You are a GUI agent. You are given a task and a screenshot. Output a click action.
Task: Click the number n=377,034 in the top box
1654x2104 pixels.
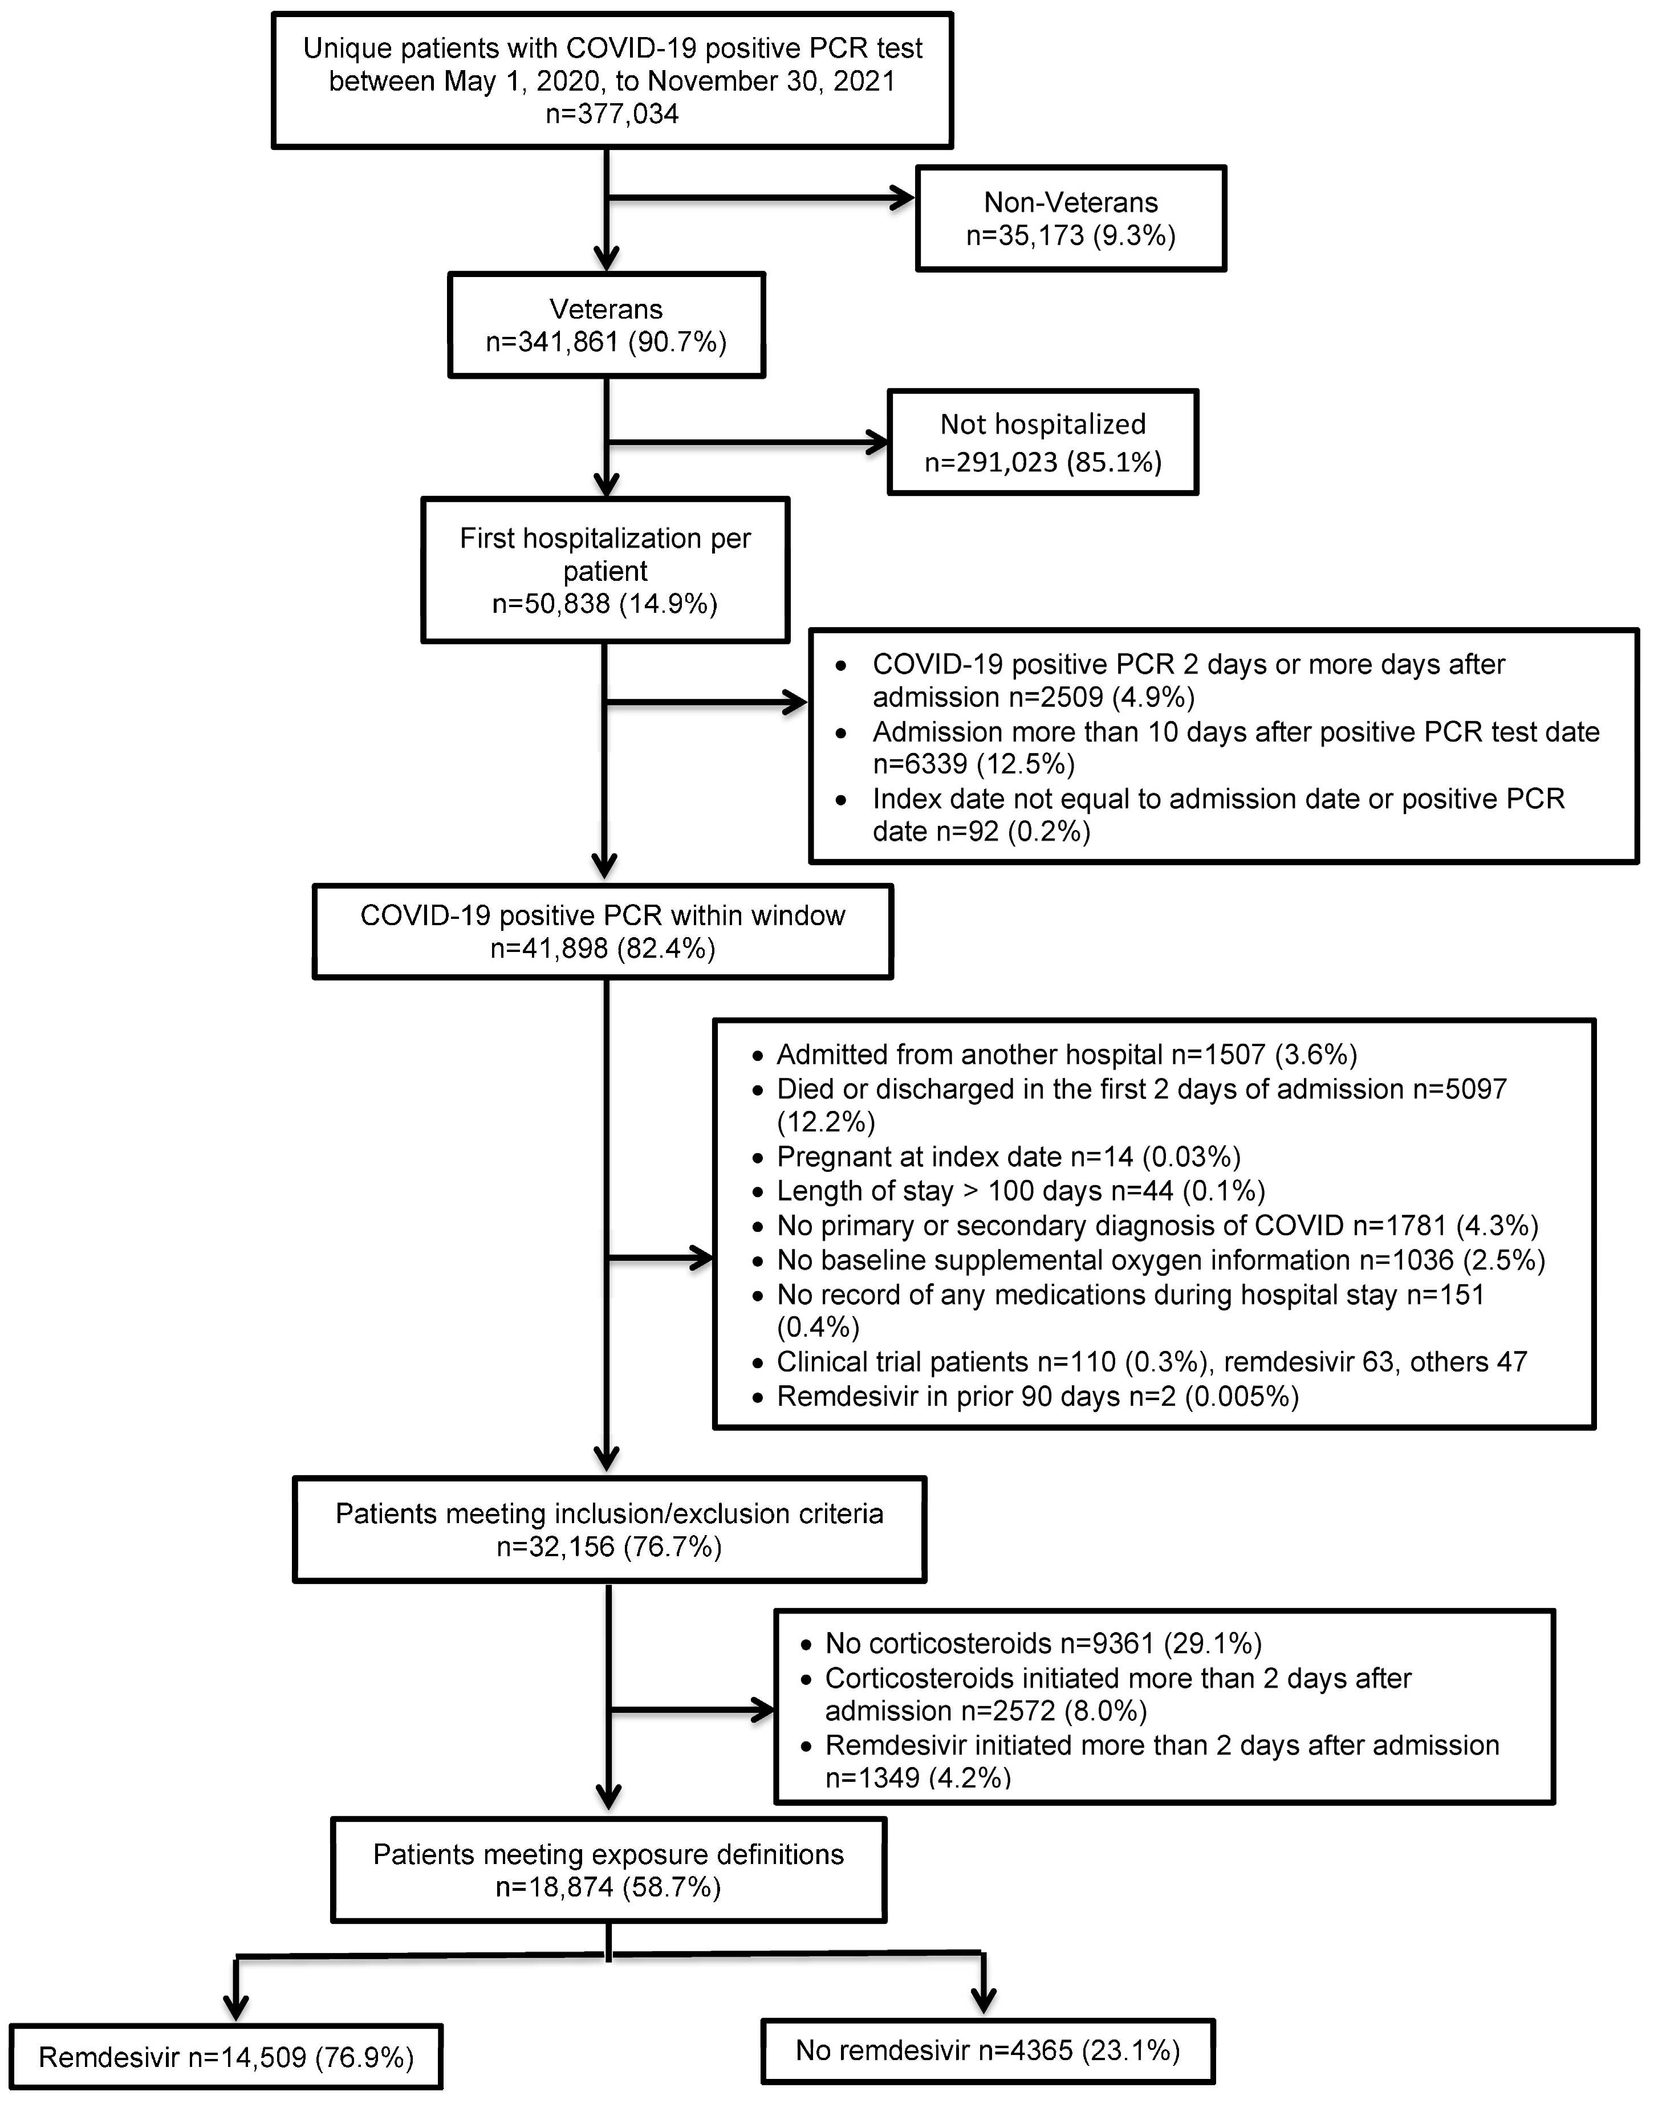tap(612, 114)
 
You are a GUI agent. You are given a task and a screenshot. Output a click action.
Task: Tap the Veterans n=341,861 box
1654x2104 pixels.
tap(606, 325)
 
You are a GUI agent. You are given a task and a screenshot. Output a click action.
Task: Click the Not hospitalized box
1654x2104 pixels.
tap(1042, 442)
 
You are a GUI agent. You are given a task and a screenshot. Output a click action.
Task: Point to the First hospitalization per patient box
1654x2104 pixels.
tap(605, 570)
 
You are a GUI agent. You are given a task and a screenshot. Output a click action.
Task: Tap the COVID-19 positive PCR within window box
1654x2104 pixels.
tap(602, 931)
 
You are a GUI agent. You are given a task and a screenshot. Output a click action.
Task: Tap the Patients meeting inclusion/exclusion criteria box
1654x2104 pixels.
tap(609, 1530)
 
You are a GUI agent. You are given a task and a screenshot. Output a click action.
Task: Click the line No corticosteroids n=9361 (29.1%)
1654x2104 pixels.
tap(1042, 1643)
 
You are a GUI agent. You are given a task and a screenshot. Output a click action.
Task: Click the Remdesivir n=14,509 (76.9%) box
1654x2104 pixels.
tap(226, 2057)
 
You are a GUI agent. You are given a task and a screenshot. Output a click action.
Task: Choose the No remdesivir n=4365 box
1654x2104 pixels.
tap(987, 2051)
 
